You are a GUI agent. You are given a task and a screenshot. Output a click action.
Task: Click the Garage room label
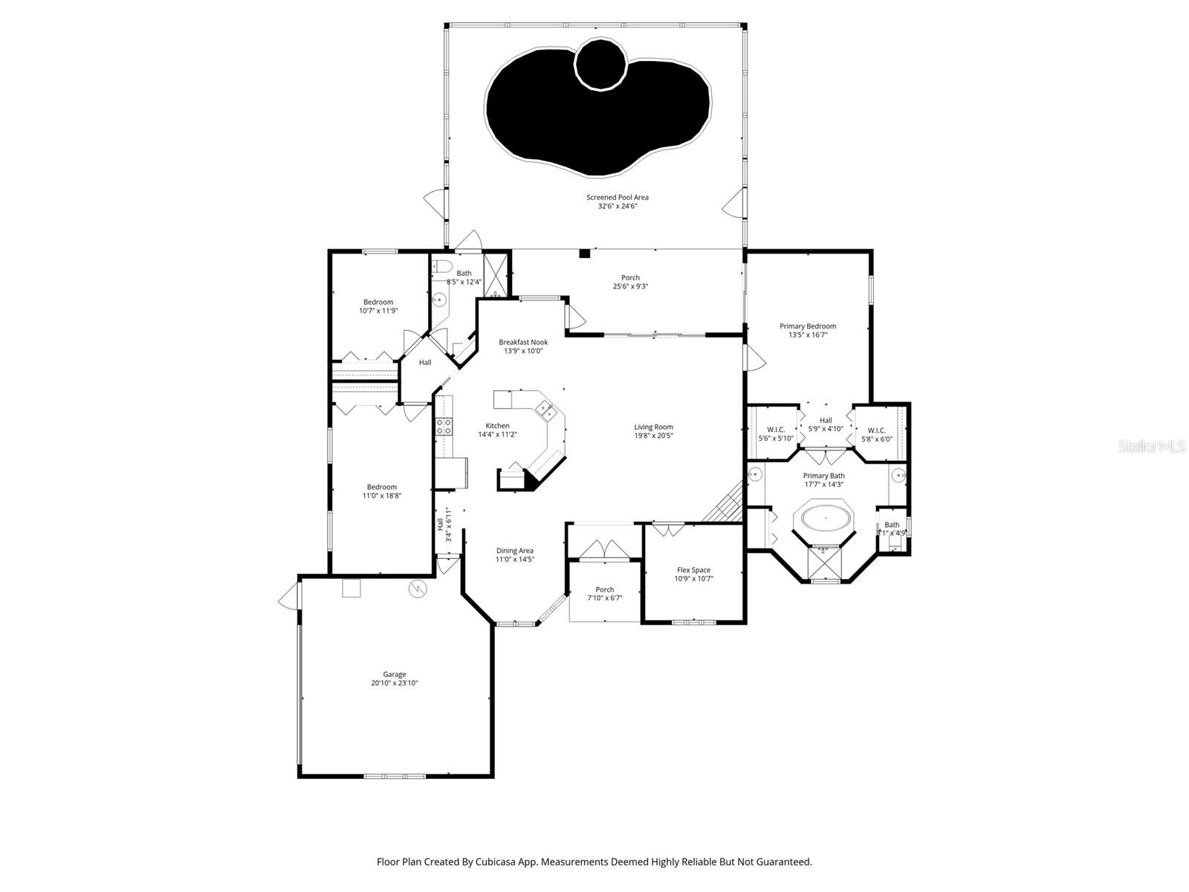[x=395, y=674]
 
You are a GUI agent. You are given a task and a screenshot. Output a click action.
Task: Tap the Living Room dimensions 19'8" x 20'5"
[x=653, y=436]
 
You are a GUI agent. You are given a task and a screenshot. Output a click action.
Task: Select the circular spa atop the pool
[x=601, y=64]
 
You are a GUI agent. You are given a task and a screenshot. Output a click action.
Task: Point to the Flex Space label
[x=693, y=570]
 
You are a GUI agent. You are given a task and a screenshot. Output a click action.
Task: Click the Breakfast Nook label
[x=523, y=342]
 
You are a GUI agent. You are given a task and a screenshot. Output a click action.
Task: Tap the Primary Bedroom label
[x=808, y=326]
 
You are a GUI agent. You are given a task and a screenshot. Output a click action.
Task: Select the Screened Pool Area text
[x=618, y=197]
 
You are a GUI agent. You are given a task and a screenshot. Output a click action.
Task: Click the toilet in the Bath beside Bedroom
[x=443, y=266]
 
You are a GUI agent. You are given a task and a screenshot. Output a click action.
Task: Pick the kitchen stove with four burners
[x=444, y=427]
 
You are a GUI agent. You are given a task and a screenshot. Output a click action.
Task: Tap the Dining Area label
[x=515, y=551]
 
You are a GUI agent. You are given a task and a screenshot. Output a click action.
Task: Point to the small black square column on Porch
[x=584, y=253]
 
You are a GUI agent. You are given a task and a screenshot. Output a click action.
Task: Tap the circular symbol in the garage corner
[x=418, y=589]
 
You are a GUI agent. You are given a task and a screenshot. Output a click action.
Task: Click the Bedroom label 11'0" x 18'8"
[x=382, y=487]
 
